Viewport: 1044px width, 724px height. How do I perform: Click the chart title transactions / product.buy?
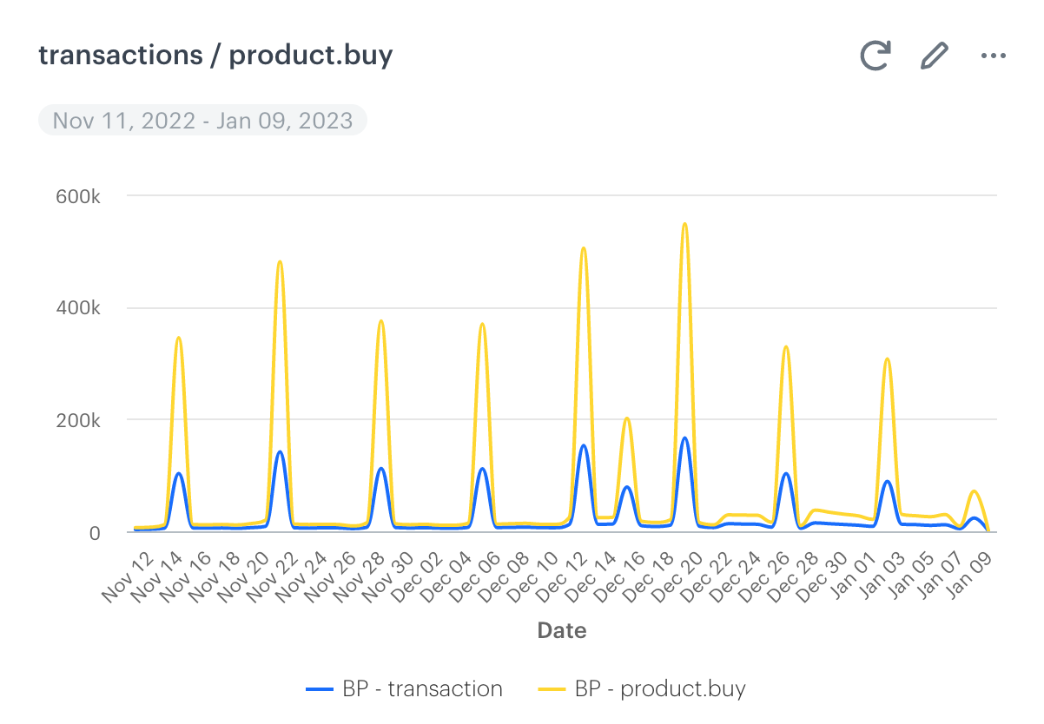(215, 56)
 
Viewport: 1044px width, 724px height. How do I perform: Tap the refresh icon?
(876, 56)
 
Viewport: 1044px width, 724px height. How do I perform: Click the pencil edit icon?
(934, 56)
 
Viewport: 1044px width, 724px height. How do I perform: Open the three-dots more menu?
(993, 56)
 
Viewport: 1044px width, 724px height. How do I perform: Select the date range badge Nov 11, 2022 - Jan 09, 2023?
(202, 120)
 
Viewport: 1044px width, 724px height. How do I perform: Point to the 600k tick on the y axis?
(78, 196)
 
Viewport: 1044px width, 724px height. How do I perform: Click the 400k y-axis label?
(78, 308)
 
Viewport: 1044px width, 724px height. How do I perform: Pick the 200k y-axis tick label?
(78, 420)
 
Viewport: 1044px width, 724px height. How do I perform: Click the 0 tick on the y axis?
(95, 532)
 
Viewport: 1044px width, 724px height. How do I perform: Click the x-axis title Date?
(562, 630)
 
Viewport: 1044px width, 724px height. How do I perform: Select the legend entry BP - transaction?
(405, 689)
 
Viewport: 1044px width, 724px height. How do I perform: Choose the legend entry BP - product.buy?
(643, 689)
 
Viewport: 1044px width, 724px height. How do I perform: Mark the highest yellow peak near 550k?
(685, 224)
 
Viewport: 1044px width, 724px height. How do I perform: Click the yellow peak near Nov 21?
(280, 261)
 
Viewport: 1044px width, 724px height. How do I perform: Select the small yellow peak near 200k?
(627, 418)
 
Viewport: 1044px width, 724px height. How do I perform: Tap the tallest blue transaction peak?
(685, 438)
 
